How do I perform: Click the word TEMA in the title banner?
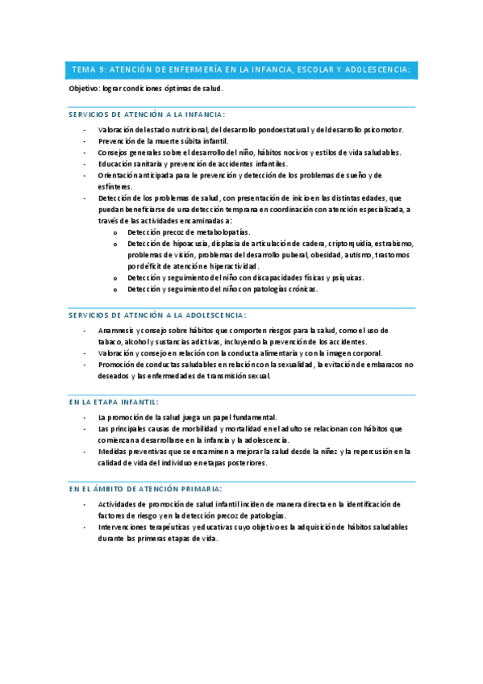(83, 70)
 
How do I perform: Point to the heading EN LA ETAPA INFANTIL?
(115, 401)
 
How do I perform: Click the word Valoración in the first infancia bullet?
(116, 129)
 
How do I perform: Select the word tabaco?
(110, 341)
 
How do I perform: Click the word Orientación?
(119, 174)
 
